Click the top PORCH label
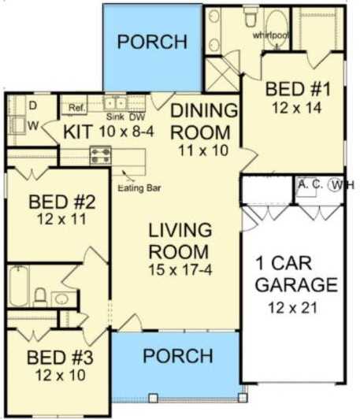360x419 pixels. click(x=152, y=41)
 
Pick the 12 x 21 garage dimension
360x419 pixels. click(x=291, y=308)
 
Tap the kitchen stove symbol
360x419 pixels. click(x=101, y=154)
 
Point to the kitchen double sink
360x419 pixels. click(x=116, y=102)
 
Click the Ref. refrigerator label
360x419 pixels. click(x=76, y=107)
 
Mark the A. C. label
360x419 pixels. click(x=310, y=184)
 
